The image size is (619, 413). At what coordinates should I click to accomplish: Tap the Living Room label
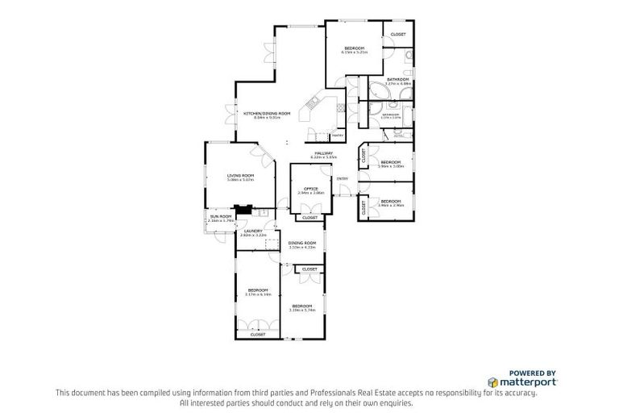click(240, 177)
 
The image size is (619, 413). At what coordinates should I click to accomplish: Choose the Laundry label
click(254, 232)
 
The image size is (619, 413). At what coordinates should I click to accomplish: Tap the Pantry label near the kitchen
click(338, 136)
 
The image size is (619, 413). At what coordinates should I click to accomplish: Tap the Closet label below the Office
click(309, 217)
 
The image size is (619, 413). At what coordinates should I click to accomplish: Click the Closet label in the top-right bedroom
click(398, 35)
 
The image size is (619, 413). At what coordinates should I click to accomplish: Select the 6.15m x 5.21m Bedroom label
click(354, 51)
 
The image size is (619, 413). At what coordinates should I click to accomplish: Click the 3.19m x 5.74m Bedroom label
click(301, 307)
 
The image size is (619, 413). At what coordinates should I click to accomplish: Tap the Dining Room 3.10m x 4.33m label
click(302, 244)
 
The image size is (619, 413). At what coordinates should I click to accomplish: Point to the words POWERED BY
click(533, 373)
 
